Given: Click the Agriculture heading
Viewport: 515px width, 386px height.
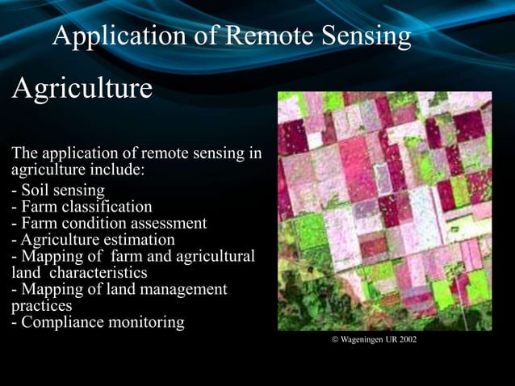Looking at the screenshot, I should pyautogui.click(x=82, y=89).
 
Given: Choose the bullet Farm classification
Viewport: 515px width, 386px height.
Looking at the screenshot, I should pyautogui.click(x=82, y=208).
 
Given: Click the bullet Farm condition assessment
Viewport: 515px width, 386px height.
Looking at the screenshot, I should pyautogui.click(x=109, y=224).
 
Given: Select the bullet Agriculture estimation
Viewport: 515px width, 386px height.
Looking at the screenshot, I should pyautogui.click(x=93, y=240).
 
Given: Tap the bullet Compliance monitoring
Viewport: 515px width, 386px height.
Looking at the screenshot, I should pyautogui.click(x=97, y=323).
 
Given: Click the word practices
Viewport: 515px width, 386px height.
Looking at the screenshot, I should pyautogui.click(x=41, y=306).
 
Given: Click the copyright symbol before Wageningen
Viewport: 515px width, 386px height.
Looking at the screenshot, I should pyautogui.click(x=335, y=340).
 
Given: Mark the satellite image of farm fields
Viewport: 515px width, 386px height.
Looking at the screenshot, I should pyautogui.click(x=384, y=210).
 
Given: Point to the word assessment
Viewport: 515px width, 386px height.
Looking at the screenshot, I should pyautogui.click(x=170, y=224).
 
